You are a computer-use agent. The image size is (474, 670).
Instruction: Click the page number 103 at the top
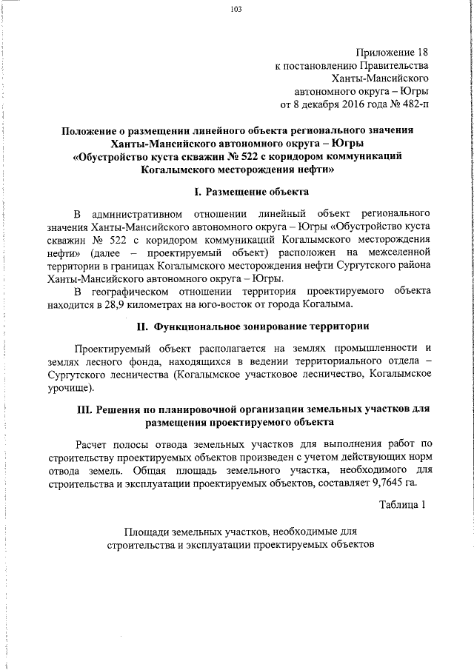click(237, 10)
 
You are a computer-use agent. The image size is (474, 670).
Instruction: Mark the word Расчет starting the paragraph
click(94, 443)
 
